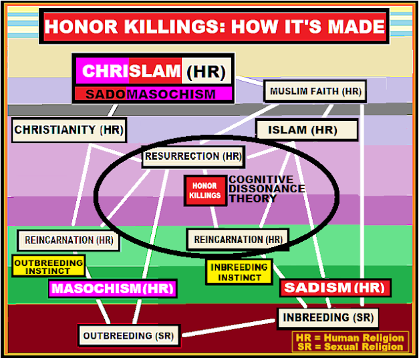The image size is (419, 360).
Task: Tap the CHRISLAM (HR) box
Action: pos(153,71)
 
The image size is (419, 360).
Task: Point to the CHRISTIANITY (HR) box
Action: pos(69,130)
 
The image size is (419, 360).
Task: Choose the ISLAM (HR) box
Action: pos(307,130)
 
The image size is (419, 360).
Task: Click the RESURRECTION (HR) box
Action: pos(192,156)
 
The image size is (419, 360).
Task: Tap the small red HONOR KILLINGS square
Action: pos(205,190)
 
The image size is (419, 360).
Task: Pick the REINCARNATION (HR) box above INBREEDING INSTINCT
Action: pos(238,239)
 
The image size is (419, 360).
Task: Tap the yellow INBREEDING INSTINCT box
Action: pos(239,272)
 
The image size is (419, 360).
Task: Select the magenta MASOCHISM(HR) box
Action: pos(112,289)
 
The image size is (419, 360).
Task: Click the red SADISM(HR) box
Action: pos(335,288)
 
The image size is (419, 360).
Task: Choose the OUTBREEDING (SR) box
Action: pos(130,335)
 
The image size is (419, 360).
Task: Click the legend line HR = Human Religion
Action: pos(350,337)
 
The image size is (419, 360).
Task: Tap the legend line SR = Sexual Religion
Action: pos(350,347)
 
